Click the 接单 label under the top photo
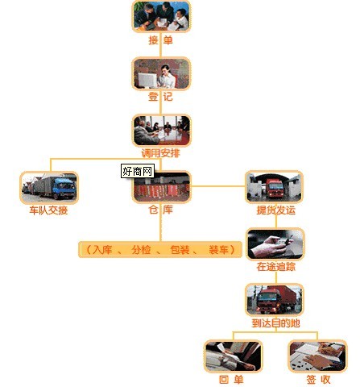pyautogui.click(x=160, y=40)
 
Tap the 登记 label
pyautogui.click(x=160, y=97)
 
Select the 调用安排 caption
pyautogui.click(x=160, y=153)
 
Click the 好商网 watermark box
pyautogui.click(x=138, y=171)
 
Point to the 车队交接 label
pyautogui.click(x=48, y=210)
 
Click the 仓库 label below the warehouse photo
pyautogui.click(x=160, y=210)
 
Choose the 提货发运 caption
pyautogui.click(x=276, y=210)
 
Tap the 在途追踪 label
pyautogui.click(x=276, y=267)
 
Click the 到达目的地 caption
pyautogui.click(x=275, y=323)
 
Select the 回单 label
pyautogui.click(x=231, y=380)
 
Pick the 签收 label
pyautogui.click(x=318, y=380)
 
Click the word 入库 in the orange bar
pyautogui.click(x=102, y=250)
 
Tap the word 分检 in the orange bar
pyautogui.click(x=141, y=250)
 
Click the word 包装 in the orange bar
pyautogui.click(x=180, y=250)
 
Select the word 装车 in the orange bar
pyautogui.click(x=218, y=250)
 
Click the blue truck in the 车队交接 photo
pyautogui.click(x=64, y=188)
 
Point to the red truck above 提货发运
pyautogui.click(x=275, y=188)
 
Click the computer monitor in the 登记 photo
pyautogui.click(x=147, y=80)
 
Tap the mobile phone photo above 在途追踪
pyautogui.click(x=275, y=244)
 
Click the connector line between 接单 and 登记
pyautogui.click(x=160, y=51)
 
